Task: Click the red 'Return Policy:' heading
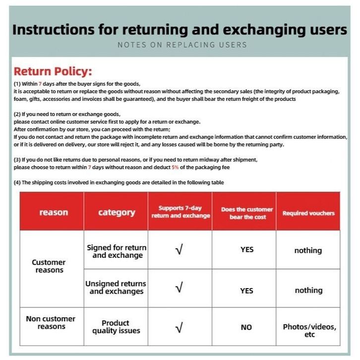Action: coord(53,71)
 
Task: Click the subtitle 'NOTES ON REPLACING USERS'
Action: coord(182,45)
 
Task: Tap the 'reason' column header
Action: coord(54,213)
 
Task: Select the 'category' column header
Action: coord(117,213)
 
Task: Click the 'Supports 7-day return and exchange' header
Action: coord(180,212)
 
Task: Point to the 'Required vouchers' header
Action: coord(308,213)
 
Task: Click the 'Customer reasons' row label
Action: coord(49,266)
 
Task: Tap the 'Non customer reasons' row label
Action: coord(51,322)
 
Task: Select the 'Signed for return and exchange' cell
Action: coord(117,251)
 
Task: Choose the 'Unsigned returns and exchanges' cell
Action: coord(116,287)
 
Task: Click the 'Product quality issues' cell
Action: coord(116,327)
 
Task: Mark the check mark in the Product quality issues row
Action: coord(180,328)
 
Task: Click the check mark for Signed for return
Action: coord(180,250)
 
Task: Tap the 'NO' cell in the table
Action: coord(246,327)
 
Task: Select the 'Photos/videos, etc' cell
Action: coord(309,330)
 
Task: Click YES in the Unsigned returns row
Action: coord(246,291)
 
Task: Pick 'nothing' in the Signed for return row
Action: coord(308,250)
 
